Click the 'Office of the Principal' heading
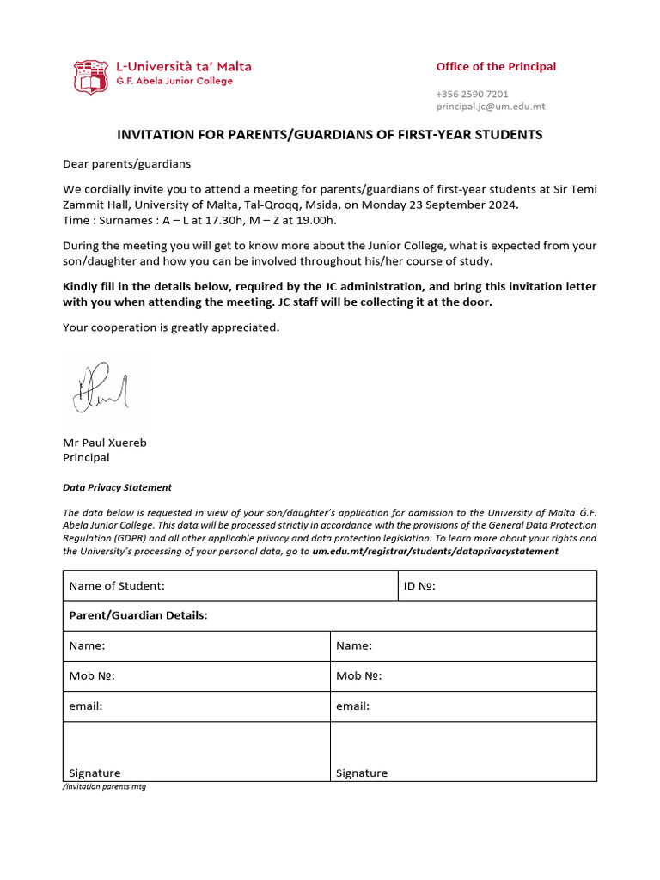pyautogui.click(x=496, y=67)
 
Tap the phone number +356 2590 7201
pyautogui.click(x=472, y=94)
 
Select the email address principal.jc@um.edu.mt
pyautogui.click(x=490, y=107)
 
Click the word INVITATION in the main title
pyautogui.click(x=151, y=135)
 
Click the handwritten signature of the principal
pyautogui.click(x=101, y=388)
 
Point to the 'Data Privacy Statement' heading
pyautogui.click(x=117, y=487)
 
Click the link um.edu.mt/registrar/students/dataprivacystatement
pyautogui.click(x=435, y=551)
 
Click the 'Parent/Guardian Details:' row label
pyautogui.click(x=138, y=616)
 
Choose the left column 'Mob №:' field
pyautogui.click(x=197, y=676)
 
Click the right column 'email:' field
pyautogui.click(x=463, y=706)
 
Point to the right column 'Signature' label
pyautogui.click(x=362, y=773)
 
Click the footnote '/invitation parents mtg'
pyautogui.click(x=104, y=787)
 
